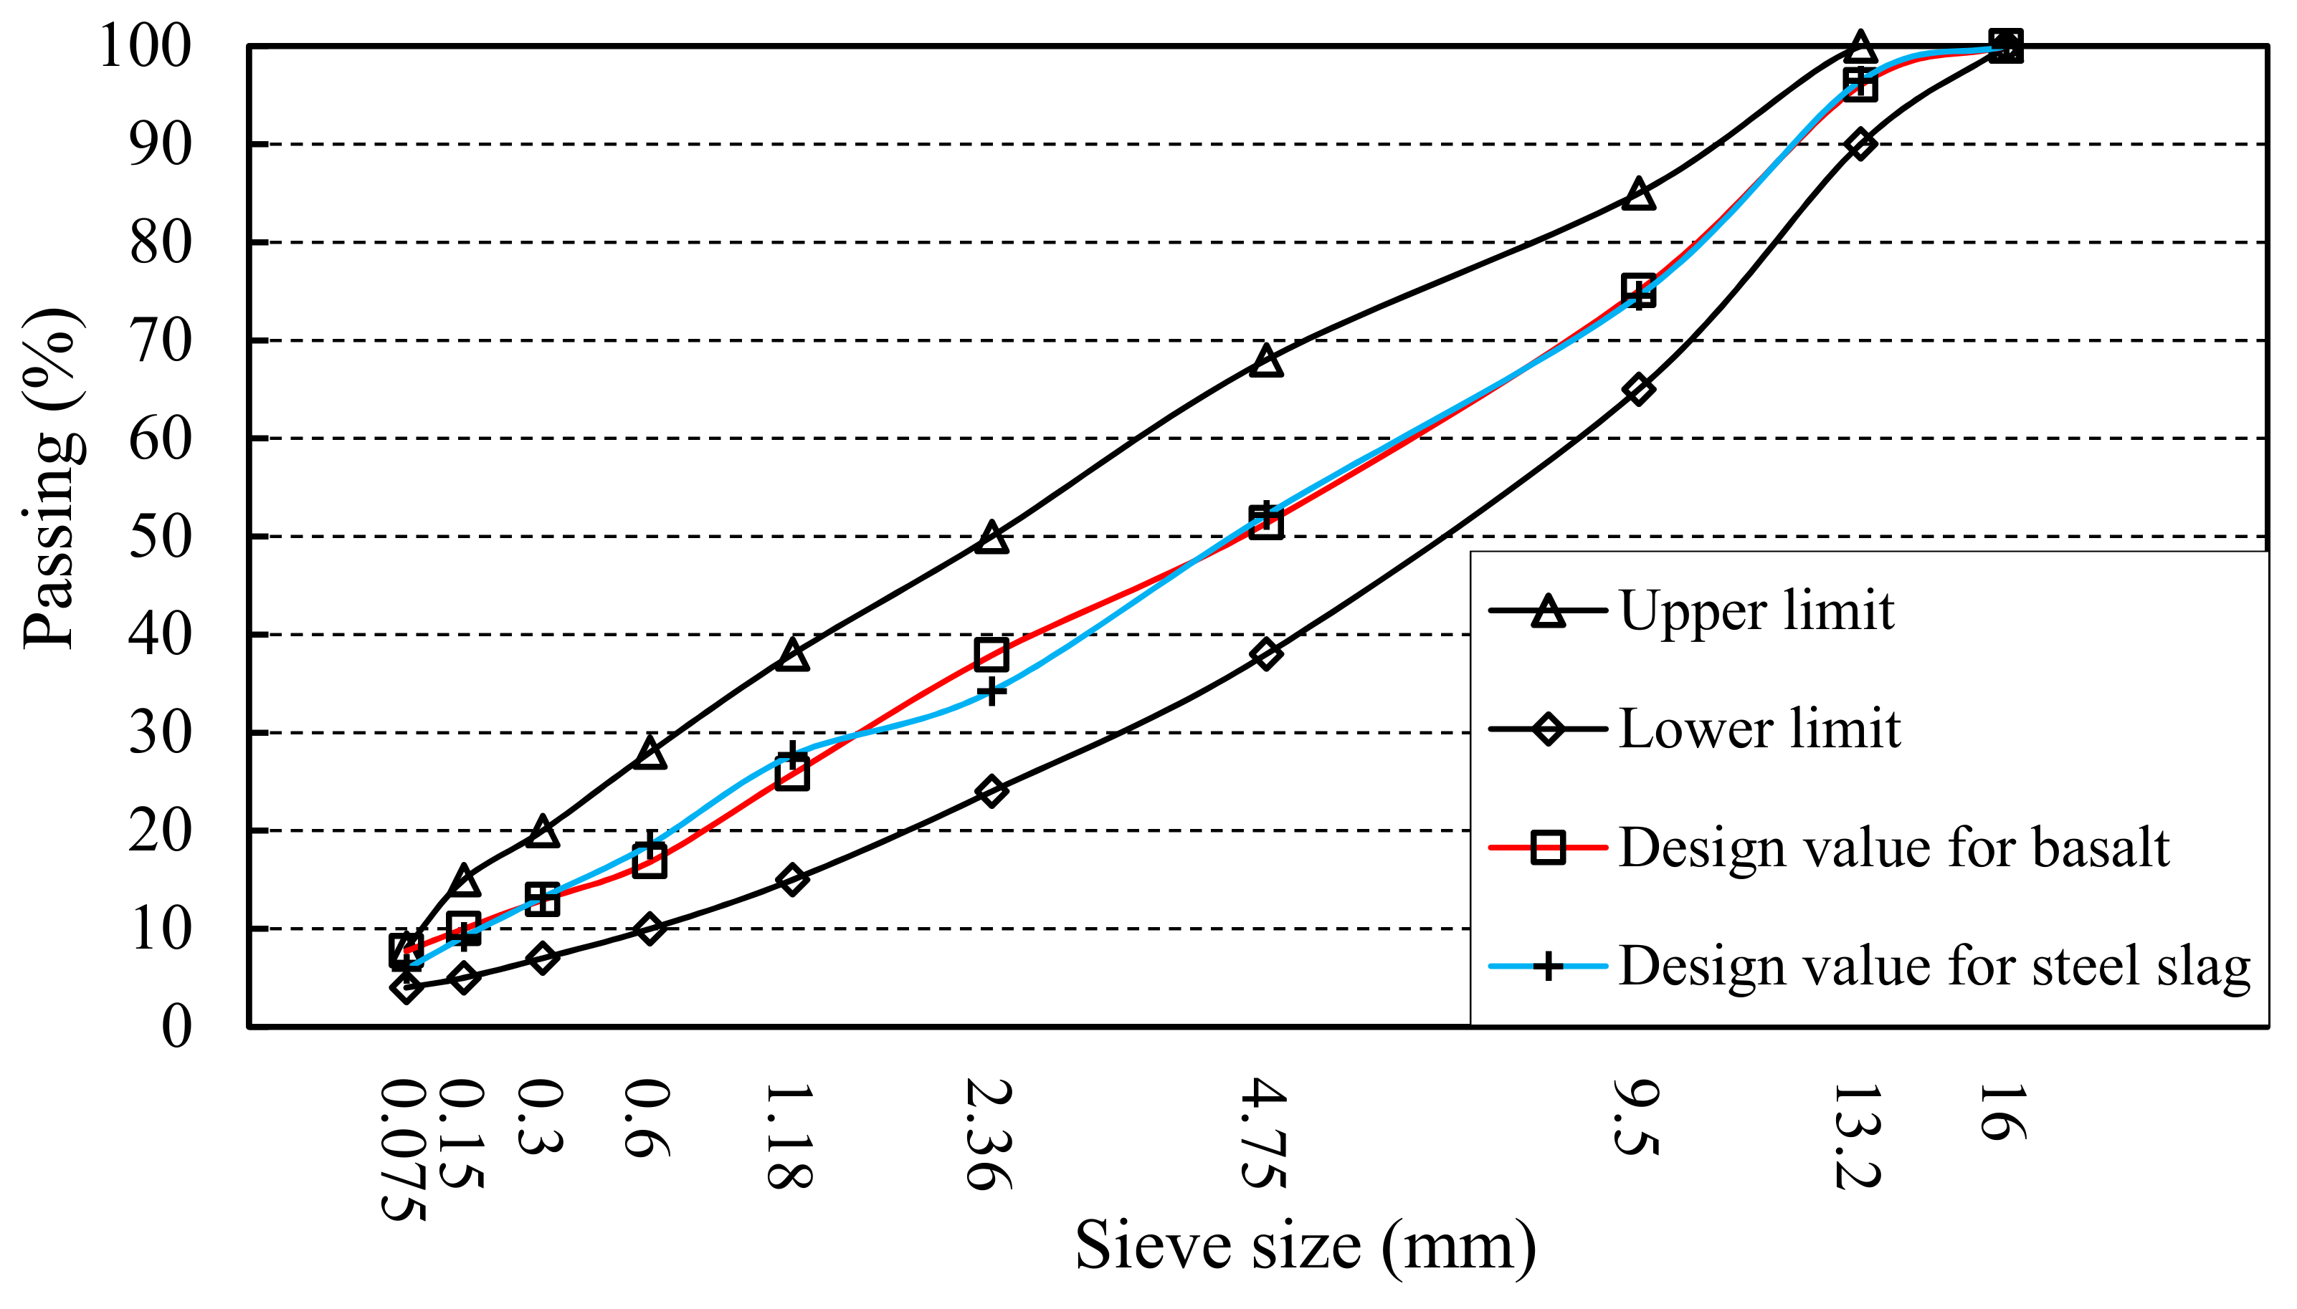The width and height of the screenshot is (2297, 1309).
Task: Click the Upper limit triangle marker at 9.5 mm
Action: coord(1639,194)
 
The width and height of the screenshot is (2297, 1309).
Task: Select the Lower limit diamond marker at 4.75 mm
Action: coord(1265,653)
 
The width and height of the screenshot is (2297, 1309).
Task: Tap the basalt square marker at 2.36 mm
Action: coord(991,653)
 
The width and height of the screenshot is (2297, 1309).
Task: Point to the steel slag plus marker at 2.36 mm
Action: coord(991,692)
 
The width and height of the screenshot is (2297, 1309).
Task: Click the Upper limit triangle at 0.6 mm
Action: coord(650,752)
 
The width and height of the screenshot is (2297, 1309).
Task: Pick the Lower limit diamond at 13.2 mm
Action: coord(1860,144)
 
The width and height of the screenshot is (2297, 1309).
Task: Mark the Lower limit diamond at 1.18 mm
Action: coord(791,879)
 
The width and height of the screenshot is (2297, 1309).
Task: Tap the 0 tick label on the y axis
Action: coord(176,1027)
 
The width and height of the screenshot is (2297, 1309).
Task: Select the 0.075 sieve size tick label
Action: coord(402,1151)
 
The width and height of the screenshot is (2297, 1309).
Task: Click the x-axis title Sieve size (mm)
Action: coord(1305,1246)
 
